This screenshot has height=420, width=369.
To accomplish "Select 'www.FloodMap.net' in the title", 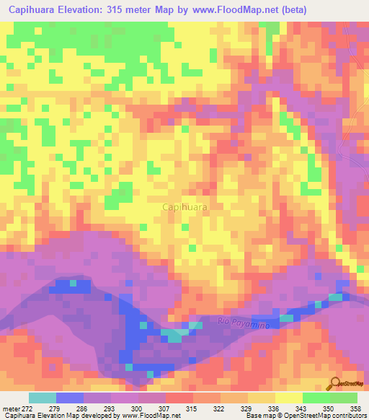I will point(235,10).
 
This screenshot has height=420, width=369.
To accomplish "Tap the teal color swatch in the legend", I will point(42,398).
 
